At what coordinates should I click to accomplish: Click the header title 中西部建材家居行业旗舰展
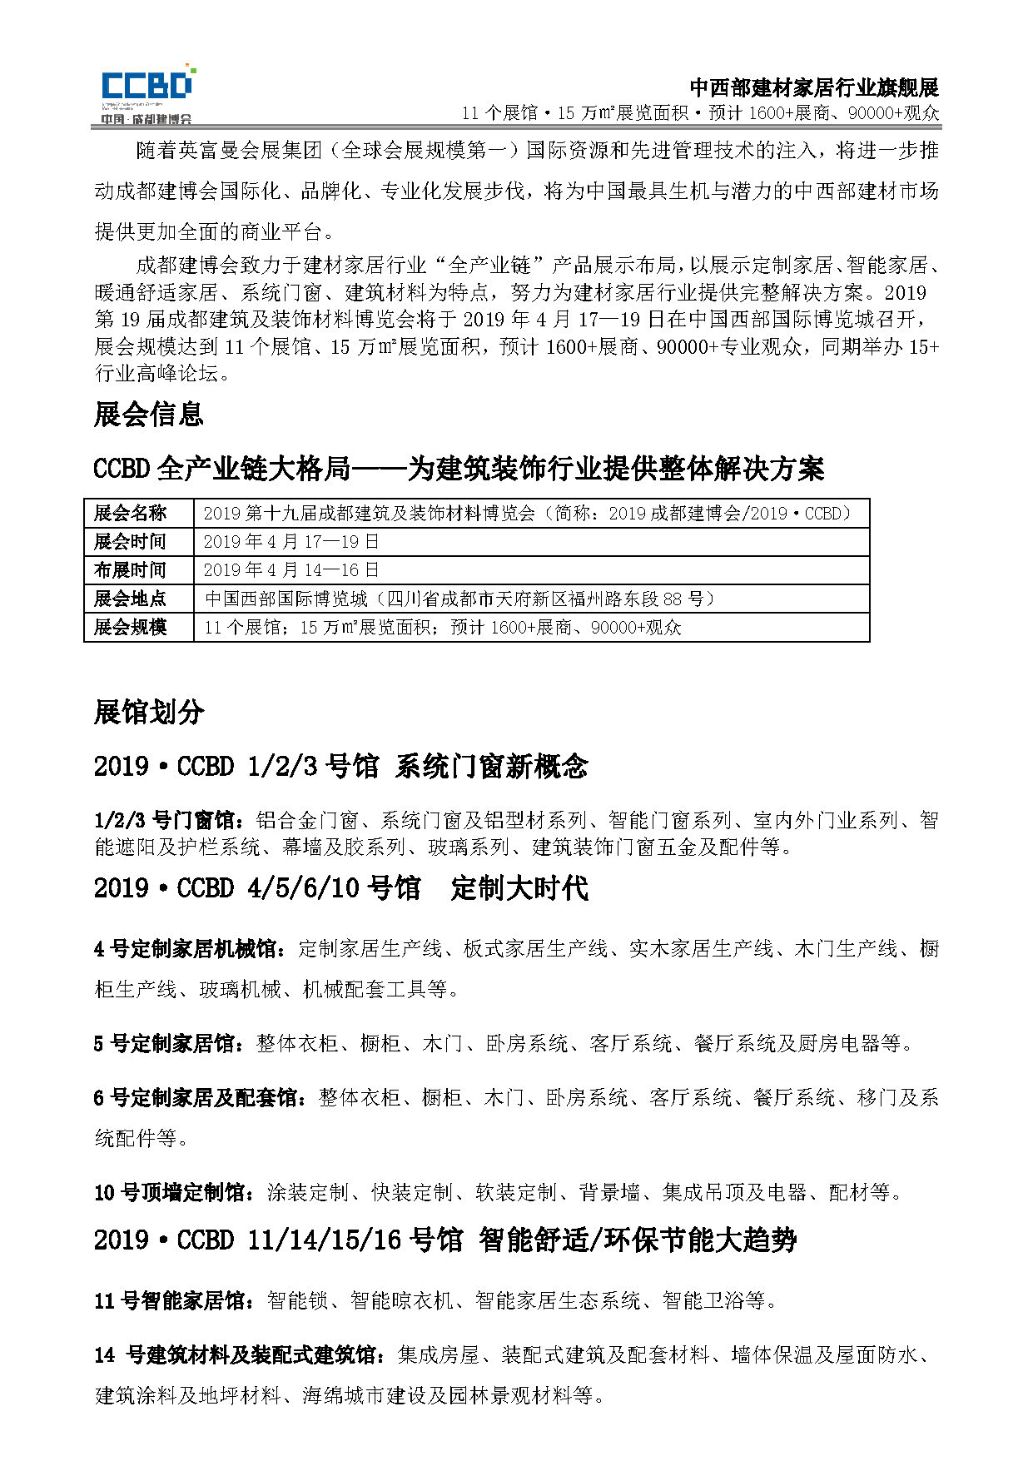point(813,87)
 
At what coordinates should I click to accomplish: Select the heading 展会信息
point(149,414)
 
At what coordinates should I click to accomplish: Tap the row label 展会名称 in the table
point(131,513)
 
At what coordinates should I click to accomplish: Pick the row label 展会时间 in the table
point(131,541)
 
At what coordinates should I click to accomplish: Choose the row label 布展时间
point(131,570)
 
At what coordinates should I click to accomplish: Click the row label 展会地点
point(131,599)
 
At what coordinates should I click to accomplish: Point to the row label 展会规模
point(131,627)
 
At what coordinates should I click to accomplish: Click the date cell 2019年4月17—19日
point(291,541)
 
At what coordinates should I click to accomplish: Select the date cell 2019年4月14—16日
point(291,570)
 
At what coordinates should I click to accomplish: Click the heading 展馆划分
point(149,713)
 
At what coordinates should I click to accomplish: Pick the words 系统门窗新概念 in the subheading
point(492,766)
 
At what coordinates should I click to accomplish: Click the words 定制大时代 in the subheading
point(519,887)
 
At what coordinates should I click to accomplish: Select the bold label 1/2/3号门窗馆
point(170,821)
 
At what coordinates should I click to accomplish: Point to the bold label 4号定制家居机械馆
point(190,948)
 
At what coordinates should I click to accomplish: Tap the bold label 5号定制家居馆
point(169,1043)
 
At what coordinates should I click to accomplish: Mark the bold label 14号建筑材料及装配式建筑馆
point(240,1354)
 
